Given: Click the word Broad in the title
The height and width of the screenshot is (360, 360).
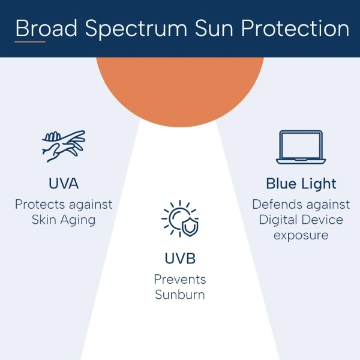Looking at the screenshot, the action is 46,28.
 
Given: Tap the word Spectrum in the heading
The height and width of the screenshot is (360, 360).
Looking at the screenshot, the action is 136,29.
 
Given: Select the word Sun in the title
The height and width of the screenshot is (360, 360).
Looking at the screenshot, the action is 214,28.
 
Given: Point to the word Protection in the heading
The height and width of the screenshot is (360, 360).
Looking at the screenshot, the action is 295,28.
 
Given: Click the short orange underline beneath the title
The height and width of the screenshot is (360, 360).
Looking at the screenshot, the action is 30,42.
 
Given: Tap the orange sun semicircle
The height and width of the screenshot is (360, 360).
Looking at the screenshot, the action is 180,89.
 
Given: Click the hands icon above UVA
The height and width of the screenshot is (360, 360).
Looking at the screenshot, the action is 64,146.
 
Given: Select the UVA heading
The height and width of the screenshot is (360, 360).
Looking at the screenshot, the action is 64,183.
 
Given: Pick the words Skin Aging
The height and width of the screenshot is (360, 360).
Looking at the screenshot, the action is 64,220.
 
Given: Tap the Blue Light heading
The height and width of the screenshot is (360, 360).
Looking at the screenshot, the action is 301,184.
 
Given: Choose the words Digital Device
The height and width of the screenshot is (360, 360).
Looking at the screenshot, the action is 301,220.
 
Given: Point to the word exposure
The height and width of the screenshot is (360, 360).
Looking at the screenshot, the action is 301,236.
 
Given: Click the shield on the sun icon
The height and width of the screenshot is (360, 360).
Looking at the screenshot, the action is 190,227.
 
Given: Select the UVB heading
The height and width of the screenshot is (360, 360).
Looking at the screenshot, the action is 180,258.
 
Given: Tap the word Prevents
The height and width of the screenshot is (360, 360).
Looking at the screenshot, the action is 180,280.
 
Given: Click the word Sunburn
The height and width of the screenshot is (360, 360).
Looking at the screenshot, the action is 180,295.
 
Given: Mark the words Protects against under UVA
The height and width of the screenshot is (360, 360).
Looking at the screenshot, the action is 64,205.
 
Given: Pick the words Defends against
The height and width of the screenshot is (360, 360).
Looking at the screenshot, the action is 301,205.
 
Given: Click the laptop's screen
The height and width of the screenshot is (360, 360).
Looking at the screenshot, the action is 301,145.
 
